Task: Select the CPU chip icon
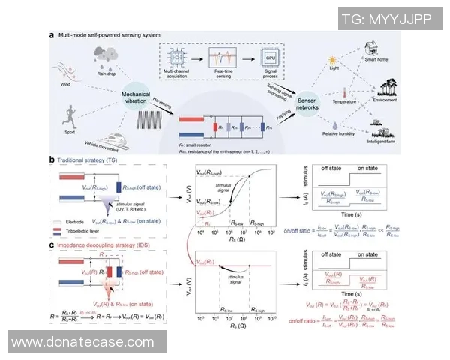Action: (269, 58)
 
